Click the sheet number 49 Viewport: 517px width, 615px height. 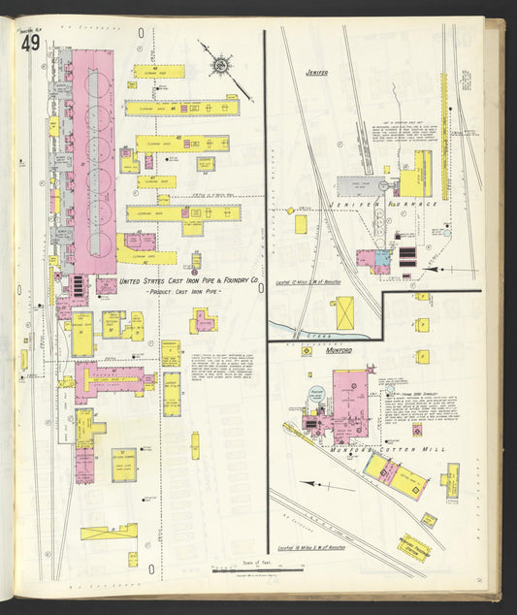pos(29,46)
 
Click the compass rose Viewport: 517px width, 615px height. pos(222,66)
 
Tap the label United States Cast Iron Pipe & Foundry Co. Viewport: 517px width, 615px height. pos(188,280)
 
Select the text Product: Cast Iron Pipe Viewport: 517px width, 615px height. pos(183,291)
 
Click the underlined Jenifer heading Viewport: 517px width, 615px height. pos(316,72)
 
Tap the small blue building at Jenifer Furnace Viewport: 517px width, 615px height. pos(383,259)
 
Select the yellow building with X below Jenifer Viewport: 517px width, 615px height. pos(343,312)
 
